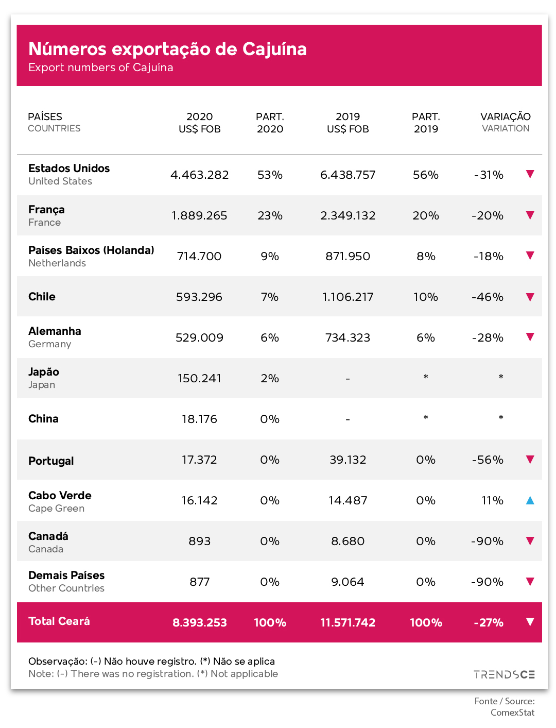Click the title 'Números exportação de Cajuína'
[167, 49]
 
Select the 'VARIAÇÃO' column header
[505, 116]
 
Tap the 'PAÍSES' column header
[45, 116]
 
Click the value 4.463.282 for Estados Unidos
[199, 175]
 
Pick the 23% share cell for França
[270, 215]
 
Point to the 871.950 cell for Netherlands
[347, 256]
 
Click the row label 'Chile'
[42, 296]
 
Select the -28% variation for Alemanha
[488, 337]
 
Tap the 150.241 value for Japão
[199, 378]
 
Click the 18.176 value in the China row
[199, 419]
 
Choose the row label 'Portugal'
[51, 461]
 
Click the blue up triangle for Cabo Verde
[530, 500]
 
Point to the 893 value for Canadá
[199, 541]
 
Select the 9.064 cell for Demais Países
[347, 582]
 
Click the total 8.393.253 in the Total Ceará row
[199, 622]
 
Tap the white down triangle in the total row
[530, 621]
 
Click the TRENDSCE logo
[504, 674]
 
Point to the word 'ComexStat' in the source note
[512, 713]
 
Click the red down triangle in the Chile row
[530, 297]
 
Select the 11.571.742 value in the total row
[347, 622]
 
